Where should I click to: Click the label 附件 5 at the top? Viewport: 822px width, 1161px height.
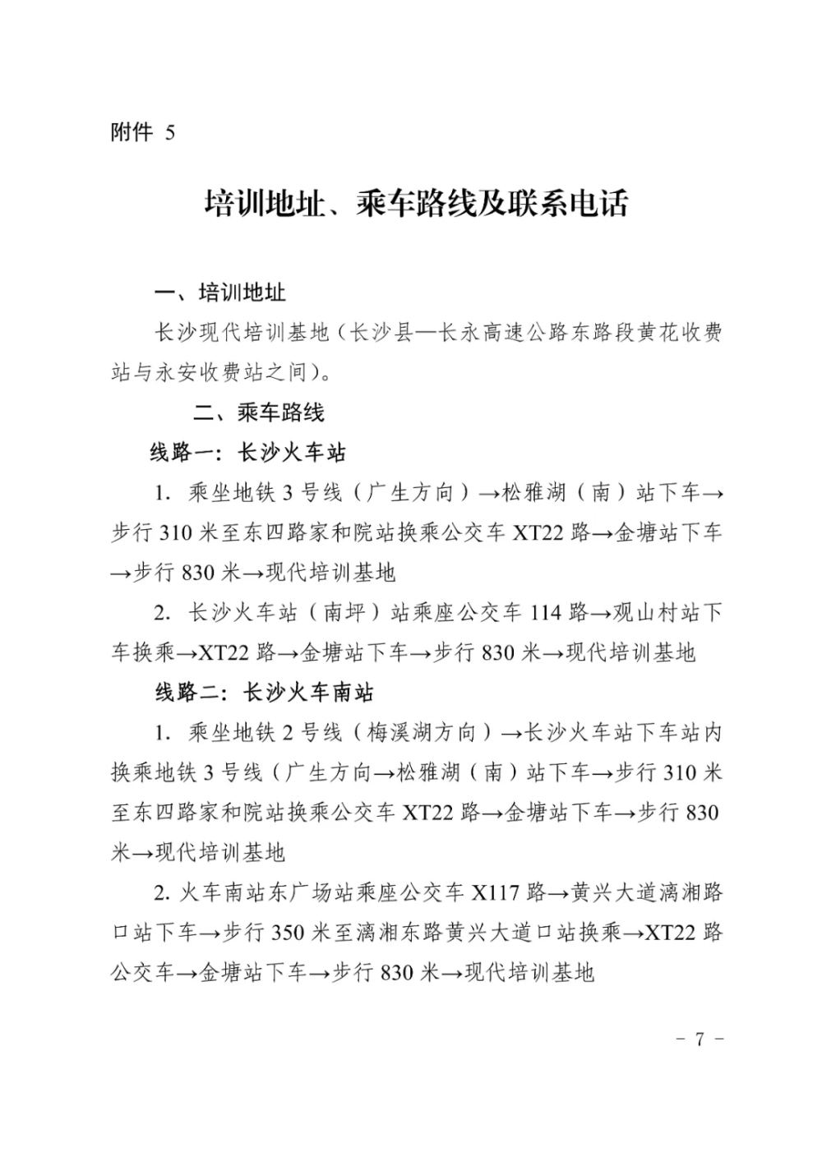tap(142, 132)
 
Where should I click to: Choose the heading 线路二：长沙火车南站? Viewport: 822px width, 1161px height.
tap(264, 693)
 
